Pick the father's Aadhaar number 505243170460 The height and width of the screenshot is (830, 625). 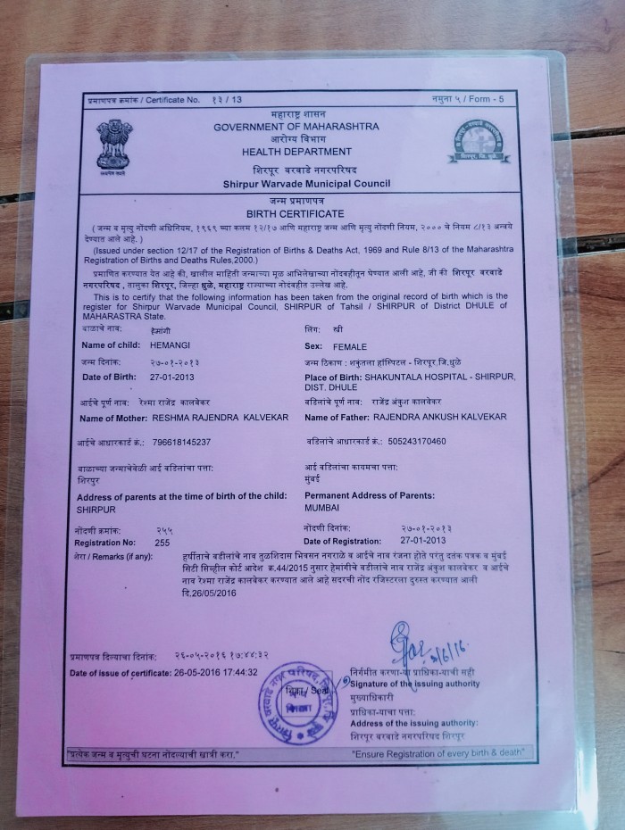411,441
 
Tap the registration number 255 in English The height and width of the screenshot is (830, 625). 162,542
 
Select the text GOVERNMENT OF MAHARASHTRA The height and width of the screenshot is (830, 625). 296,127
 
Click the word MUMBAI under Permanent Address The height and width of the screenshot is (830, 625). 322,508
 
